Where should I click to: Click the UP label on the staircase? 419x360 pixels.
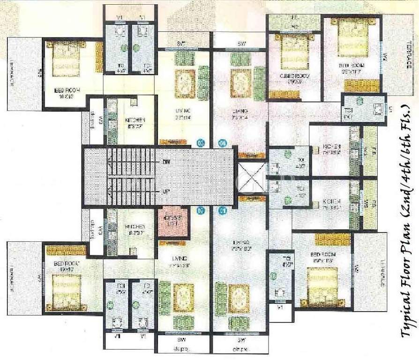[x=166, y=191]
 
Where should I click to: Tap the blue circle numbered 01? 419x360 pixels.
[x=223, y=210]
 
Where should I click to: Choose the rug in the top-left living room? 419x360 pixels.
[x=185, y=83]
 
